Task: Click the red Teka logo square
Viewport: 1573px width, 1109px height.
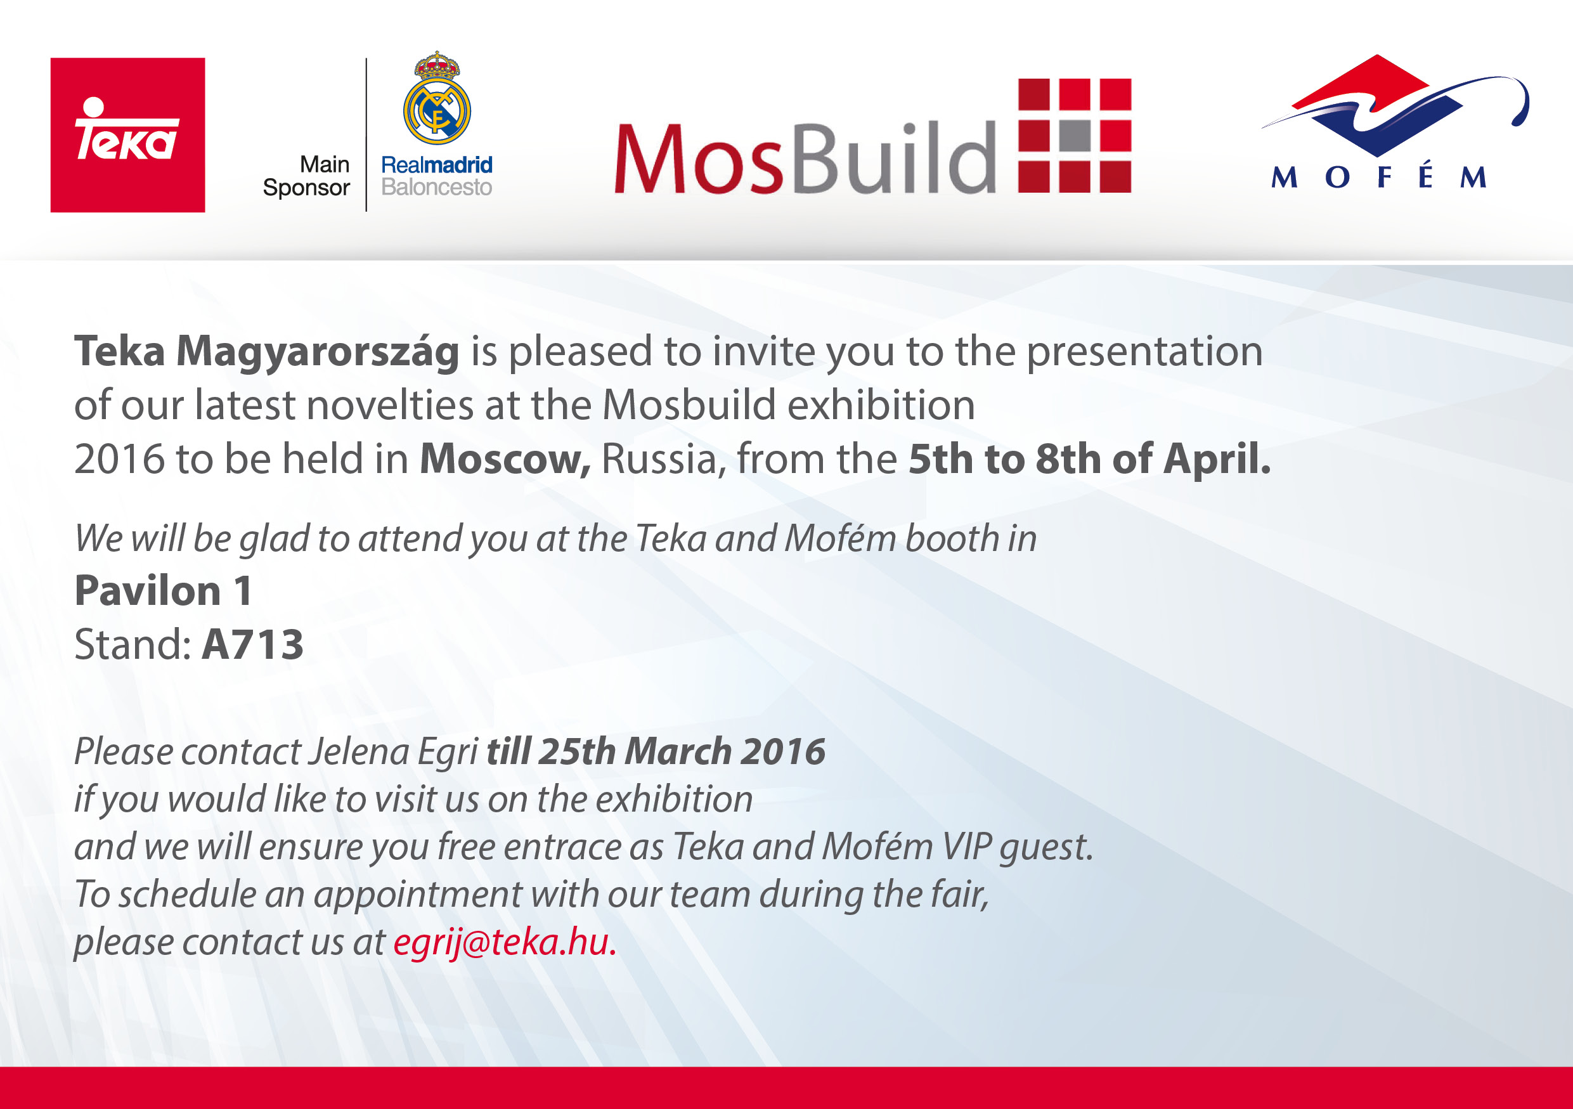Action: [127, 135]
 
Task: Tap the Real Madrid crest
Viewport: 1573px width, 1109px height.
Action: [437, 98]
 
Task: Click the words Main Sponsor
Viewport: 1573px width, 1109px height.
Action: [306, 176]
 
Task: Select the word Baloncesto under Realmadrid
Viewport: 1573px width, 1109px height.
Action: [436, 187]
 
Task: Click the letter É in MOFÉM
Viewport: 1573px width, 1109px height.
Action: [1426, 174]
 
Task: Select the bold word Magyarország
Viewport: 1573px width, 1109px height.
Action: [317, 352]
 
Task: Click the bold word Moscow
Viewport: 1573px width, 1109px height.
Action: [505, 459]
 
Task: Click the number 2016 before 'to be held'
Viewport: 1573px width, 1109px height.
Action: [119, 459]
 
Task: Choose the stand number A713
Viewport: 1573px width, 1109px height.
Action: [253, 645]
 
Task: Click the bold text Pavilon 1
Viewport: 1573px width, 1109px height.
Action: [163, 590]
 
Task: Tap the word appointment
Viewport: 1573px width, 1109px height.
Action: [418, 895]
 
